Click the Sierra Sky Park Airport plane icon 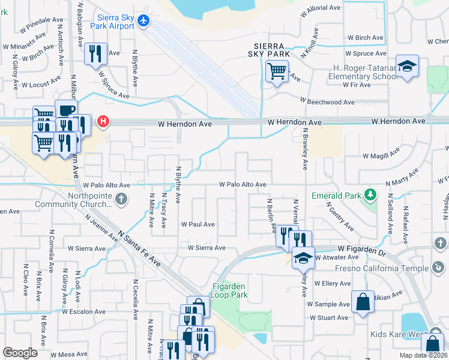[x=143, y=21]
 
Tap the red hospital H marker [x=104, y=122]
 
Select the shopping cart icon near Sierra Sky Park [x=277, y=71]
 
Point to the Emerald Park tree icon [x=370, y=194]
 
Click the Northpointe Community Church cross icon [x=121, y=199]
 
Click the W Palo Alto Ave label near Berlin [x=243, y=185]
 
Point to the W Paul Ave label [x=198, y=224]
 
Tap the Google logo [x=20, y=353]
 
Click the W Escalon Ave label [x=87, y=311]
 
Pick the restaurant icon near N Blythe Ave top [x=95, y=53]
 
